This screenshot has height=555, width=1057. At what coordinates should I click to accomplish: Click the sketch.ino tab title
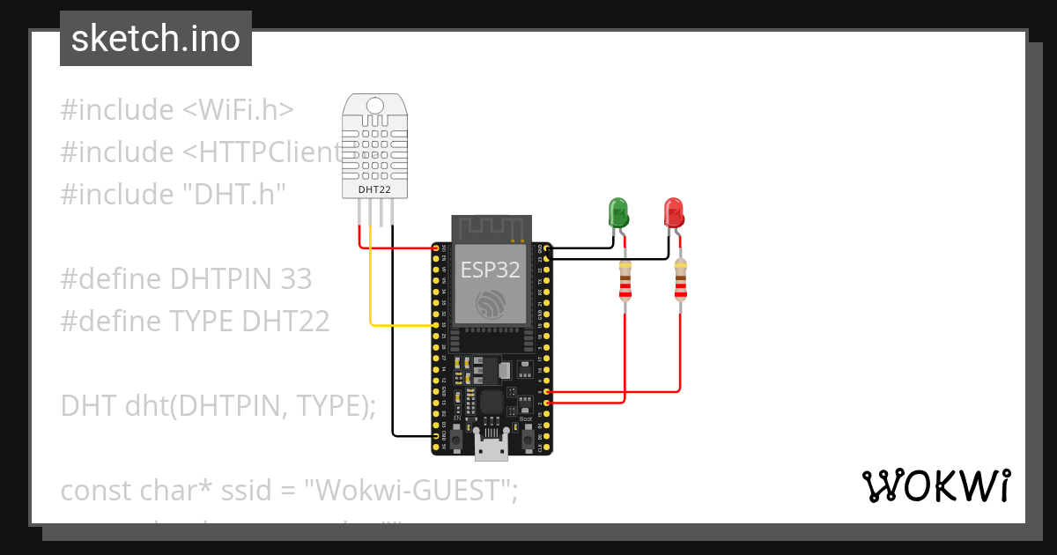click(x=155, y=39)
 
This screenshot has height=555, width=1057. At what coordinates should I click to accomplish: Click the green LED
click(x=618, y=212)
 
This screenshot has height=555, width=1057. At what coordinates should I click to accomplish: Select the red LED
click(x=673, y=212)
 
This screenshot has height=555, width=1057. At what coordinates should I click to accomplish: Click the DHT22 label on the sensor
click(x=374, y=189)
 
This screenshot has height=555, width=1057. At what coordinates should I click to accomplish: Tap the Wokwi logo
click(x=935, y=486)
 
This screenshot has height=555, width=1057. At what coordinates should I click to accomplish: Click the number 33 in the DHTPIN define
click(x=296, y=279)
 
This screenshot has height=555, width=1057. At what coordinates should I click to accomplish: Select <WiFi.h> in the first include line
click(x=238, y=110)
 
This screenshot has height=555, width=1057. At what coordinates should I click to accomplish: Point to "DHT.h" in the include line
click(x=231, y=195)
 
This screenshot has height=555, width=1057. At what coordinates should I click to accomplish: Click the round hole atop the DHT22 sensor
click(x=375, y=106)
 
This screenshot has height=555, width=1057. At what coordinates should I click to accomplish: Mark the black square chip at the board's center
click(x=490, y=403)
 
